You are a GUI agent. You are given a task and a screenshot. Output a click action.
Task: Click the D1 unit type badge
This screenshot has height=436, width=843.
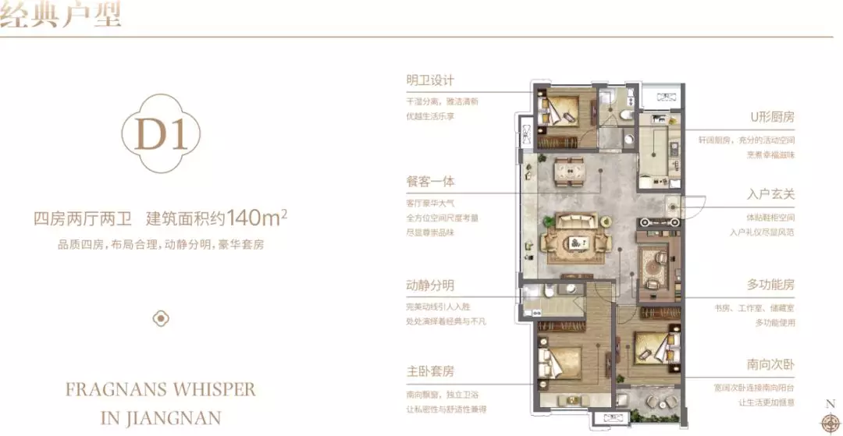(x=162, y=134)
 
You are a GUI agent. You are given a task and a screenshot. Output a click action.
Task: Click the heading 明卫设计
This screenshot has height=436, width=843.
(x=430, y=80)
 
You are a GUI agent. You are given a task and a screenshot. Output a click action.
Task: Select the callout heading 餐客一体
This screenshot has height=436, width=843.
(x=430, y=182)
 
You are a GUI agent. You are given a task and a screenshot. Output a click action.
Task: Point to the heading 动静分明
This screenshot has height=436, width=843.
(x=430, y=285)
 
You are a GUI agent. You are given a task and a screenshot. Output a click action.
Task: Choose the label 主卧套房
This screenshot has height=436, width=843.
(x=430, y=371)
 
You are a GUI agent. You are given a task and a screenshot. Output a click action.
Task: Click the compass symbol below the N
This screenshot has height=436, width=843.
(x=830, y=420)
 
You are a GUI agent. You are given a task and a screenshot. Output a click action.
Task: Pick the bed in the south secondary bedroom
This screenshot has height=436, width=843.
(x=654, y=348)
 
